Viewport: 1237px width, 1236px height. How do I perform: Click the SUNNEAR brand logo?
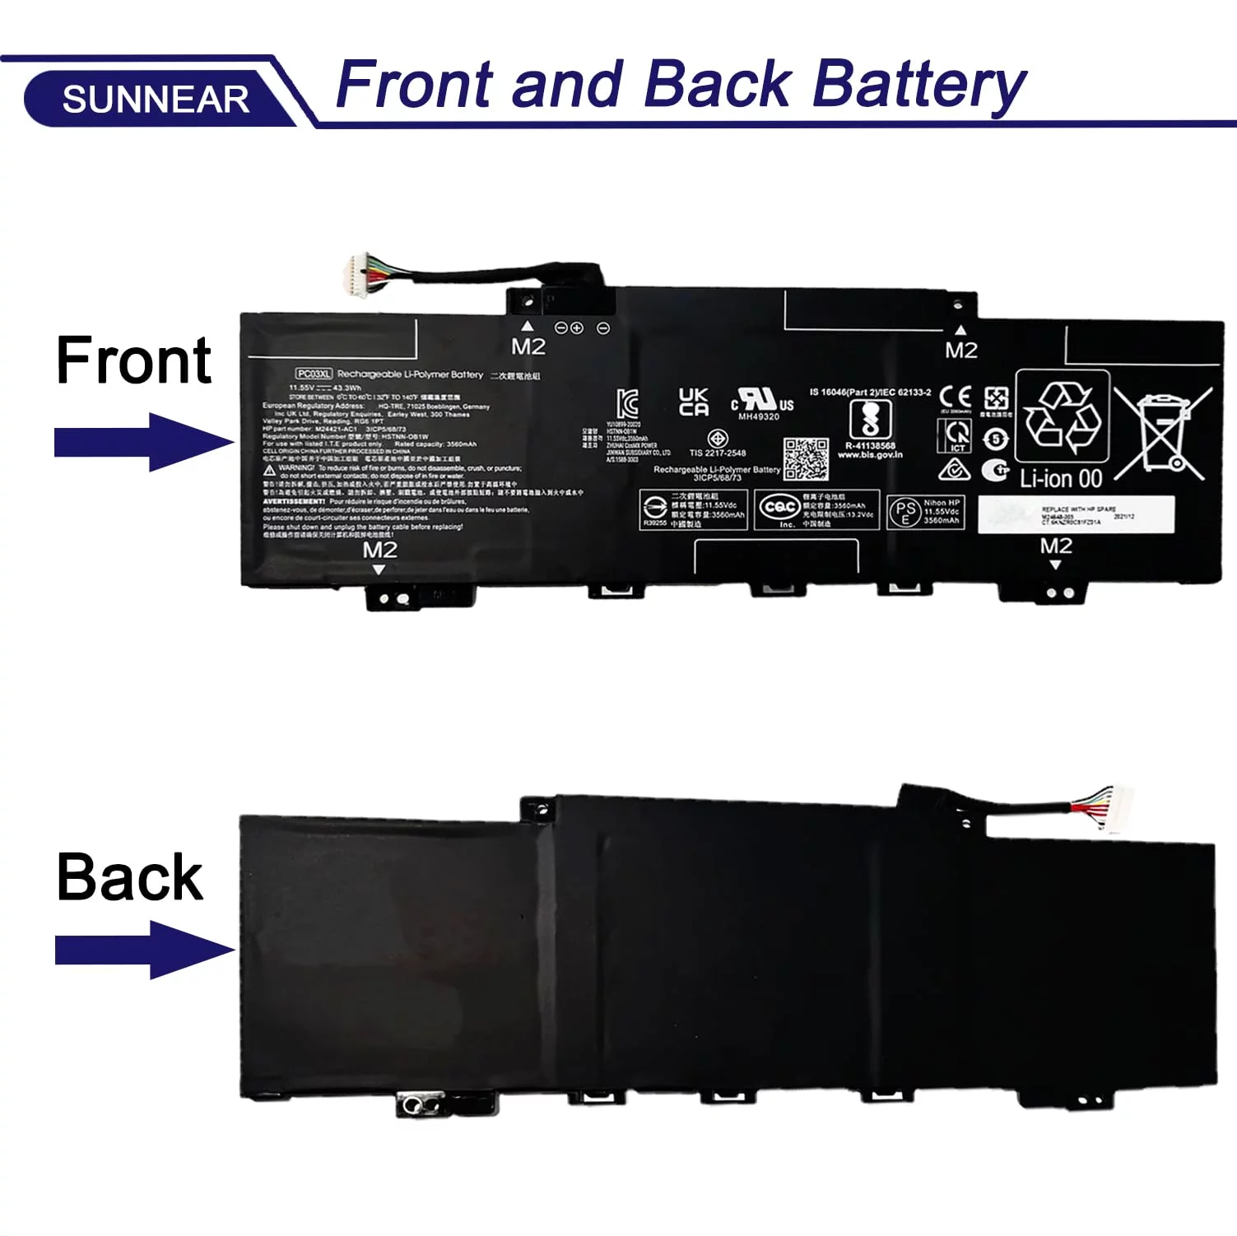coord(156,100)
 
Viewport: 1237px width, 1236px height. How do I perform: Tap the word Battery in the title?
coord(918,85)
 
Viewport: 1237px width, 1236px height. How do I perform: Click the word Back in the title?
coord(717,85)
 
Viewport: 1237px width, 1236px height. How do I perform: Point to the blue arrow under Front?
coord(143,442)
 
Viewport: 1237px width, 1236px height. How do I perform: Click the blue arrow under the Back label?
coord(144,950)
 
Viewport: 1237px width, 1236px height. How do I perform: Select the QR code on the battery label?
coord(805,458)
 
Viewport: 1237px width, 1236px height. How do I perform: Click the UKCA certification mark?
coord(693,402)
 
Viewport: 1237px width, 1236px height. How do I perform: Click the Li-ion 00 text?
coord(1060,479)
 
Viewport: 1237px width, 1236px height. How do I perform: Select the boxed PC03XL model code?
coord(314,374)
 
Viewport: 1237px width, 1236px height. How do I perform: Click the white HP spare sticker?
coord(1076,514)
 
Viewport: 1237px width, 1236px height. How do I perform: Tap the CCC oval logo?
coord(778,508)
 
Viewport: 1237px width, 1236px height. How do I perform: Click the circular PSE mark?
coord(905,512)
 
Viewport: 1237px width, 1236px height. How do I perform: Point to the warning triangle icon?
coord(270,469)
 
